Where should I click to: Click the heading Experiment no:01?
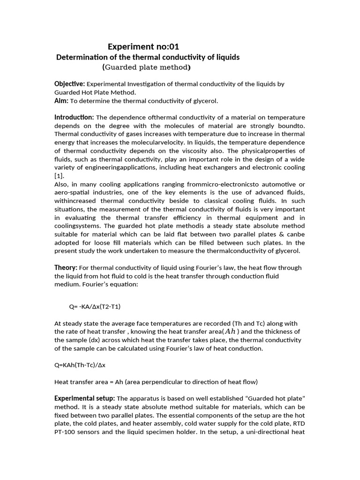(143, 46)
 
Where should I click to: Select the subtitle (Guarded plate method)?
(146, 67)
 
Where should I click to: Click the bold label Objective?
(69, 84)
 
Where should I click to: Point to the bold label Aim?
(61, 101)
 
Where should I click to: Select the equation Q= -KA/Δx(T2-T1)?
(97, 307)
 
